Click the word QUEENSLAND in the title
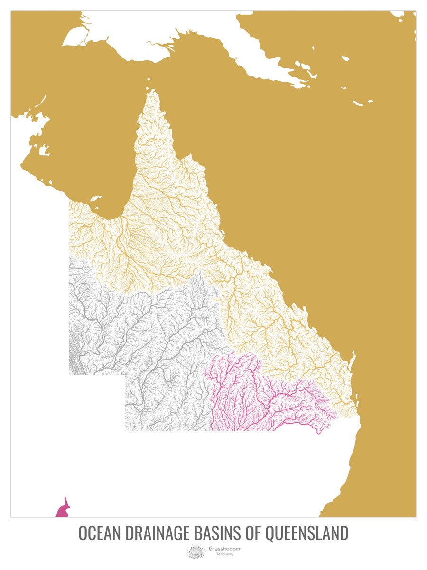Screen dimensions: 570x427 pyautogui.click(x=306, y=533)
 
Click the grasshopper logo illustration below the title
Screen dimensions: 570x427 pyautogui.click(x=196, y=551)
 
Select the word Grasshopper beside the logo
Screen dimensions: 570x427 pyautogui.click(x=225, y=549)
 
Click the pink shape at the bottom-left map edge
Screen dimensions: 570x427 pyautogui.click(x=63, y=509)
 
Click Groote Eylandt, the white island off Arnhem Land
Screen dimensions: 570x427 pyautogui.click(x=44, y=152)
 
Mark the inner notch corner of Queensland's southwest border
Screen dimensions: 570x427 pyautogui.click(x=125, y=375)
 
